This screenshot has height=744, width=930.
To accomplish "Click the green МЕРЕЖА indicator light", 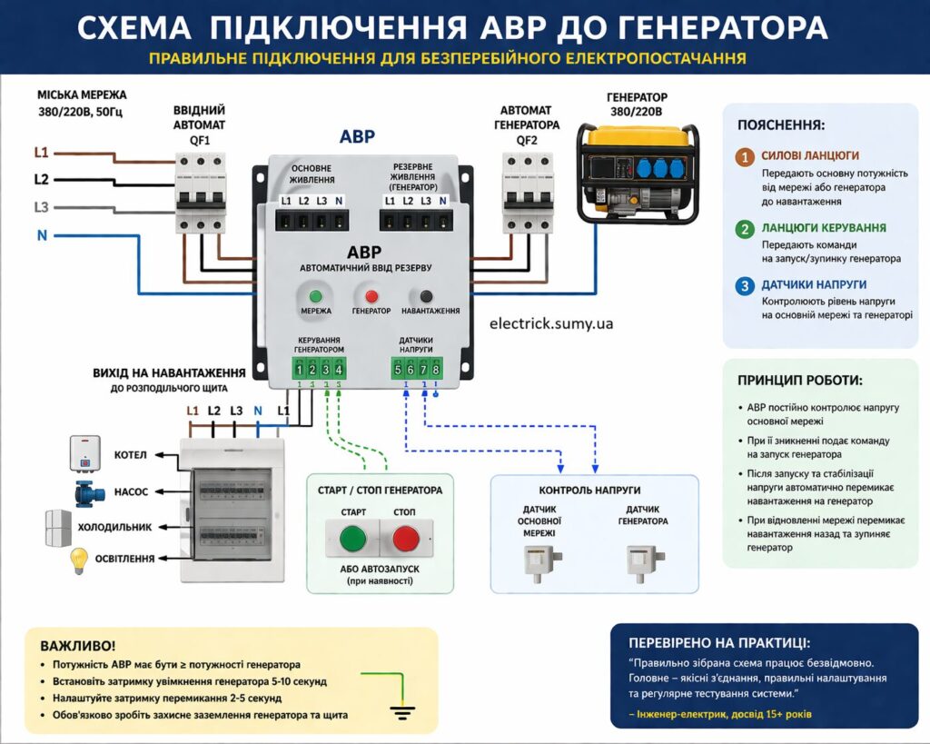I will pyautogui.click(x=316, y=296).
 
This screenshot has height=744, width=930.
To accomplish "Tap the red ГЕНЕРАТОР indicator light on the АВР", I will pyautogui.click(x=371, y=296).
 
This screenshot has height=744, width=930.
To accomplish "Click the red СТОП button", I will pyautogui.click(x=406, y=539).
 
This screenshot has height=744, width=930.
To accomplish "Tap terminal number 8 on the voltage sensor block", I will pyautogui.click(x=436, y=369).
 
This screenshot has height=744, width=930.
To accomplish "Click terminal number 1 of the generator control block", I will pyautogui.click(x=300, y=369).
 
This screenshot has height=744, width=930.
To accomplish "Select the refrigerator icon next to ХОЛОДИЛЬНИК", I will pyautogui.click(x=58, y=527).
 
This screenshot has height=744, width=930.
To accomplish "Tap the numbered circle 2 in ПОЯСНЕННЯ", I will pyautogui.click(x=745, y=229).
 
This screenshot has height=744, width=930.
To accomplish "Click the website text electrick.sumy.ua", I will pyautogui.click(x=550, y=322).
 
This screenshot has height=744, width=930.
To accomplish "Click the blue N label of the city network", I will pyautogui.click(x=42, y=236).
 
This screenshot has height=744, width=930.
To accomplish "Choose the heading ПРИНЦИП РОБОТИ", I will pyautogui.click(x=799, y=381).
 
